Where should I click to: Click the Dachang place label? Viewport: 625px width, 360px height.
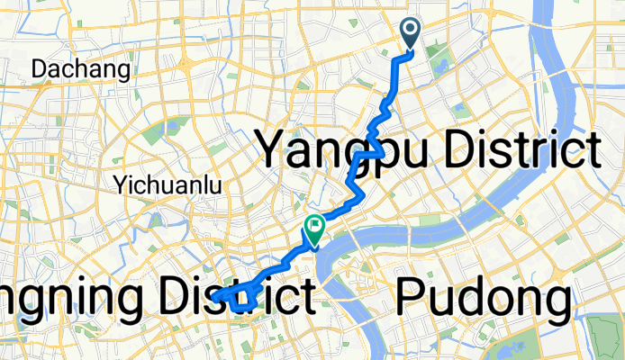(x=81, y=68)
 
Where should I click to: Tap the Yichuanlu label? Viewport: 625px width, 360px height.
(x=168, y=185)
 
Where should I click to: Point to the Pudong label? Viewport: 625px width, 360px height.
(x=483, y=298)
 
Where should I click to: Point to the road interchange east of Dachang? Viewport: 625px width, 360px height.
(x=184, y=67)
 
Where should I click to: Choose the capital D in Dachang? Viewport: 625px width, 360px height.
(x=41, y=68)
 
